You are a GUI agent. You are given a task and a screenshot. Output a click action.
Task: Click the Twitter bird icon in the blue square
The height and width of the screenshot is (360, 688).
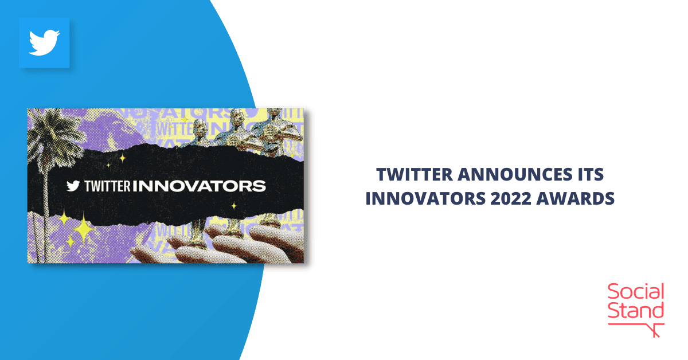point(44,43)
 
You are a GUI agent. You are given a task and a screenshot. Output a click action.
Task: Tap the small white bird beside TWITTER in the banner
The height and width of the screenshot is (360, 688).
point(73,186)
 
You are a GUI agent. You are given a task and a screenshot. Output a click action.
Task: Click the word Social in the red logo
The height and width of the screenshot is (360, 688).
point(635,292)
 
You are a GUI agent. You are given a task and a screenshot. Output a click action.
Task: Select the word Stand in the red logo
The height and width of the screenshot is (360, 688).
point(635,311)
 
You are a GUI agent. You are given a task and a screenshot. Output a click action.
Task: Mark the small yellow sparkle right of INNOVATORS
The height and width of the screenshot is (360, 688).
point(234,205)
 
